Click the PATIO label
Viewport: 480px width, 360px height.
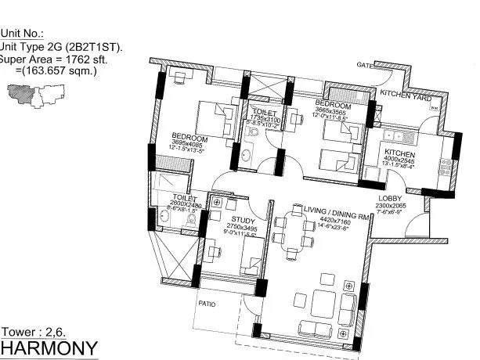coord(207,302)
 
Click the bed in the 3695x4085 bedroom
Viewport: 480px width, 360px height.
coord(210,120)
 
